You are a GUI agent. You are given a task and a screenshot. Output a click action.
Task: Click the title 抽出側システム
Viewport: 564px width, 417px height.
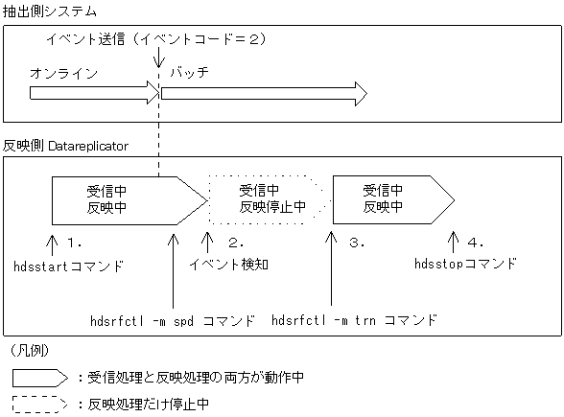click(50, 11)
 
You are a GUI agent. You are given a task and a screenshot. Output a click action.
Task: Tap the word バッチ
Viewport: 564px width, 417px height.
click(189, 73)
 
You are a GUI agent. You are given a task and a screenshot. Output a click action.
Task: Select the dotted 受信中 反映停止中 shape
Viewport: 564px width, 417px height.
click(269, 198)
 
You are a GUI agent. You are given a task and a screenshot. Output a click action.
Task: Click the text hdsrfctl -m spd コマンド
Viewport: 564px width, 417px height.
click(172, 318)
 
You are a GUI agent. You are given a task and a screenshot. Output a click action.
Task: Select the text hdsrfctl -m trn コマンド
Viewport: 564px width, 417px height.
click(355, 318)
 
